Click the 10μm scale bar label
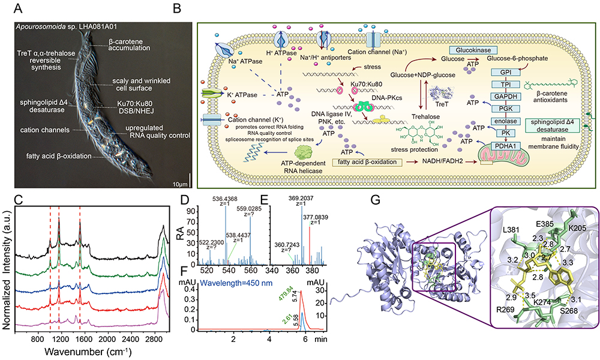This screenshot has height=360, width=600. tap(182, 181)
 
